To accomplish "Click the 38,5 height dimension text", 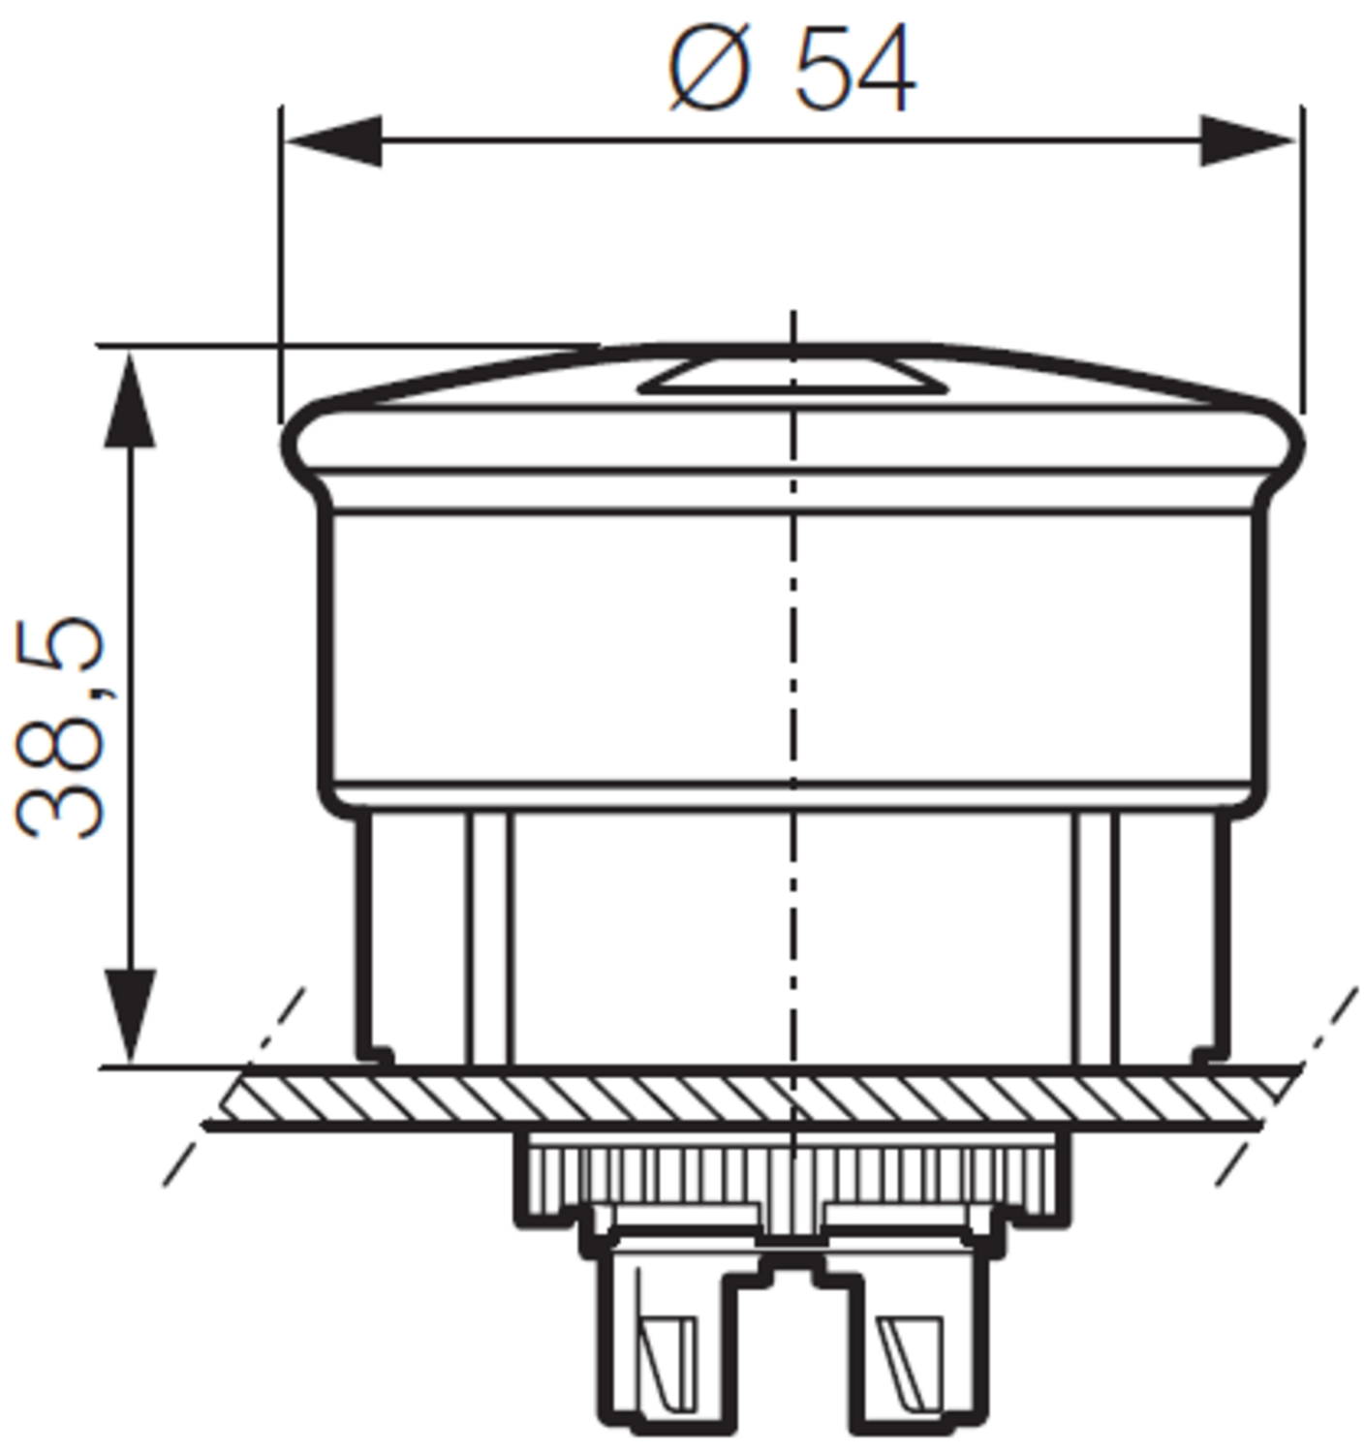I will point(60,726).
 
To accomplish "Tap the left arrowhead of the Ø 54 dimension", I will point(334,141).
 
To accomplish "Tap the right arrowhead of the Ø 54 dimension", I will point(1247,141).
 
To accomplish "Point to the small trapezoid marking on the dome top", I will point(791,378).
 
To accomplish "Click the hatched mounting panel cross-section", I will point(736,1097).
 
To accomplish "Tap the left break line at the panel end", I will point(233,1090).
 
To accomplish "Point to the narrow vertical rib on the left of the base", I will point(489,935).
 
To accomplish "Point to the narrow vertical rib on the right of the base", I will point(1095,935).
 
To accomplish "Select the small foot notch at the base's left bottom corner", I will point(377,1054).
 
